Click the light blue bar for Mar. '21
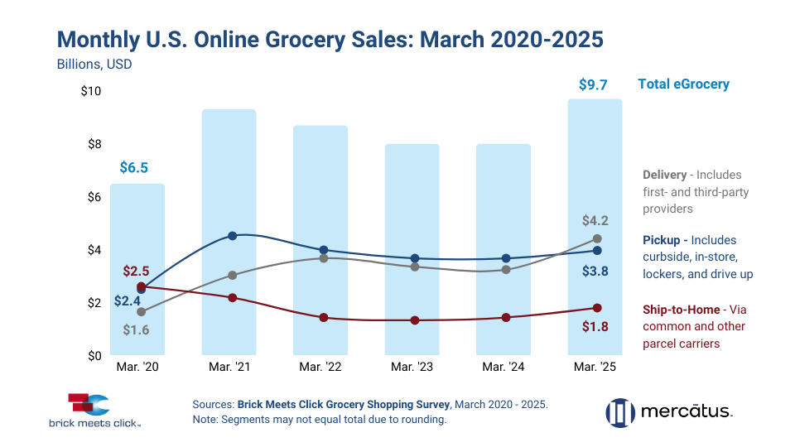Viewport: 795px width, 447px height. [229, 232]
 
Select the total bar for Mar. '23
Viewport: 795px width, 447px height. [412, 248]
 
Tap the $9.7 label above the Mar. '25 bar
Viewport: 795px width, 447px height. [595, 84]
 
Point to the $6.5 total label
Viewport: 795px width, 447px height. [133, 168]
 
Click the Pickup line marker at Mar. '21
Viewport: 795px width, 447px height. [233, 236]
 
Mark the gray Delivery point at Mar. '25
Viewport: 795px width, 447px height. [597, 239]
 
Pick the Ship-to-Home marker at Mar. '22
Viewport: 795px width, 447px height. [324, 317]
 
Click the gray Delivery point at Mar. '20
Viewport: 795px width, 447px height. [142, 312]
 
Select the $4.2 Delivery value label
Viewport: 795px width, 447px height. [594, 221]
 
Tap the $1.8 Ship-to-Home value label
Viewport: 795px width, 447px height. [594, 326]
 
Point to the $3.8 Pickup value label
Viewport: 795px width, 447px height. [594, 271]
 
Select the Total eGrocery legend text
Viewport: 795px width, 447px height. [683, 84]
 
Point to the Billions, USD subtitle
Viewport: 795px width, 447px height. [94, 63]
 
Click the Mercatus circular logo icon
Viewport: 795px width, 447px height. [619, 412]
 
